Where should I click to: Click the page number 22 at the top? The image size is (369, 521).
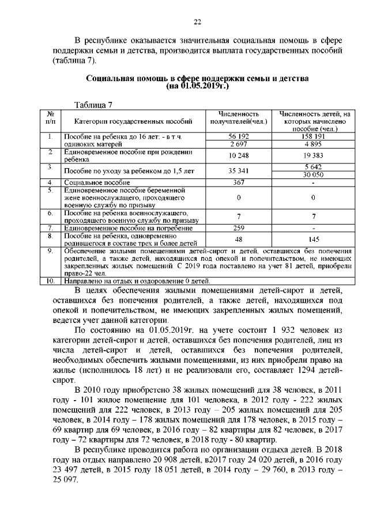(x=197, y=22)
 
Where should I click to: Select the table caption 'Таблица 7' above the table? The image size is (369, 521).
(x=94, y=105)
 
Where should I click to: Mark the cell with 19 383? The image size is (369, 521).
(x=312, y=155)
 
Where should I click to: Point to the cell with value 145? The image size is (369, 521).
(x=312, y=239)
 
